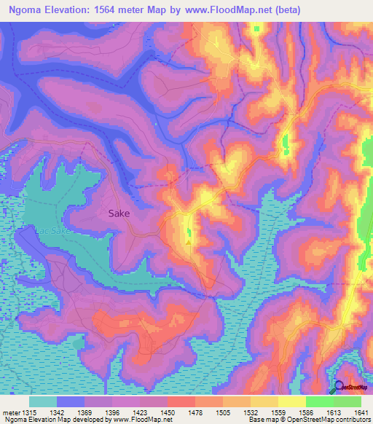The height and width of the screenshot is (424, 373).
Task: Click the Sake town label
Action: [120, 213]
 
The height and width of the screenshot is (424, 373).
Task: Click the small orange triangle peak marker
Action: [189, 243]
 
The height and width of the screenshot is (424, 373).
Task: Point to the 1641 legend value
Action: [360, 412]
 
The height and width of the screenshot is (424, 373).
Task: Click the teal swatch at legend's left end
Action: [43, 401]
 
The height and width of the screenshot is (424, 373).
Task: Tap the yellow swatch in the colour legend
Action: [292, 401]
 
